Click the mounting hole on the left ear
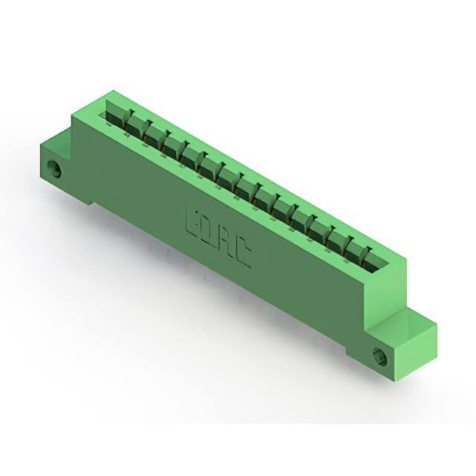pyautogui.click(x=54, y=169)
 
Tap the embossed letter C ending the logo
pyautogui.click(x=242, y=254)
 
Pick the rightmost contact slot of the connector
pyautogui.click(x=376, y=262)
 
